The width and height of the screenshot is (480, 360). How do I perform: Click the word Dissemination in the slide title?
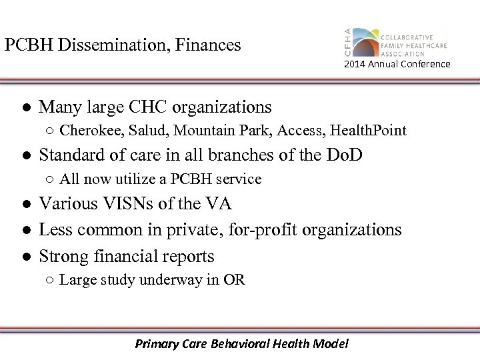109,45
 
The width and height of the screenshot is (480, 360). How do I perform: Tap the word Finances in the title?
211,45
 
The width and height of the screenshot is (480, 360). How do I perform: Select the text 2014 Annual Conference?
397,64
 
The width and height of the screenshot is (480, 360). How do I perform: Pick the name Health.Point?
371,131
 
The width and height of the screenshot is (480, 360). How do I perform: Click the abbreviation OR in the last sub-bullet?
234,280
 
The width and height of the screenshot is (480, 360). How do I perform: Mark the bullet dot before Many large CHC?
25,107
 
